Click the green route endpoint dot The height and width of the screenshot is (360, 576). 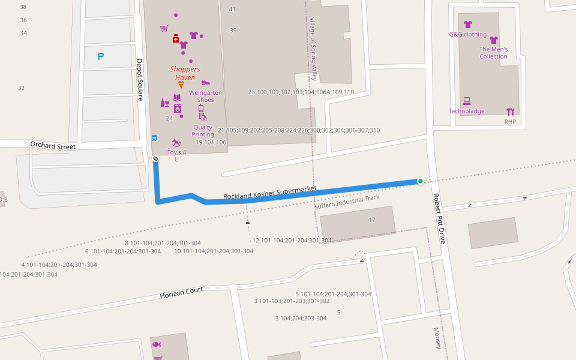420,181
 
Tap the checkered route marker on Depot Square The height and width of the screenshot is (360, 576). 155,159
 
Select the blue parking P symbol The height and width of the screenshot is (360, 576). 101,57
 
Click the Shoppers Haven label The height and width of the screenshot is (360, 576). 185,73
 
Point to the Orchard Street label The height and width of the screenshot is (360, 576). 53,146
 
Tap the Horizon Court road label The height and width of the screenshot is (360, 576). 181,293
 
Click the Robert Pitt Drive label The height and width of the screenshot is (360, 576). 439,218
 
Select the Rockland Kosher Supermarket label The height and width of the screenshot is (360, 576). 269,193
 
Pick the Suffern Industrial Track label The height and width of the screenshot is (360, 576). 347,202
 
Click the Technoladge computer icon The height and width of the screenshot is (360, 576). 466,101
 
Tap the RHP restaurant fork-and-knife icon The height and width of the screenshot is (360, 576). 510,112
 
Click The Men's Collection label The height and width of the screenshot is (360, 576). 493,53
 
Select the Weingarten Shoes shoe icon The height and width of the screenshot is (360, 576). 206,83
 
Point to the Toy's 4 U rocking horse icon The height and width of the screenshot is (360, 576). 176,143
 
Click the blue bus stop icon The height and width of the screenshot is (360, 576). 154,137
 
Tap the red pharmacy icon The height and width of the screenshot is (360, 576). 176,39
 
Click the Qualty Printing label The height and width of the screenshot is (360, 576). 203,131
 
